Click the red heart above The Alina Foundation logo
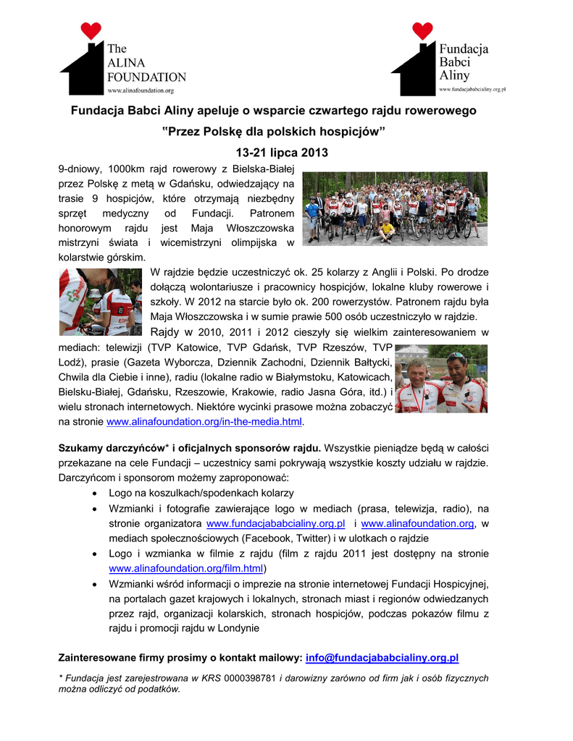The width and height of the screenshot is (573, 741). (90, 30)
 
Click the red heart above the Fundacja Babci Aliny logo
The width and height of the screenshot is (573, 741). (422, 30)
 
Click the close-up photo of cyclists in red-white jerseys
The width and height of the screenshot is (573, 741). (100, 302)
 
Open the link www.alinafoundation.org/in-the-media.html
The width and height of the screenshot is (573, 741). (204, 421)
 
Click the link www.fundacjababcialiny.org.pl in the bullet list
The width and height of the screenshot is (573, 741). (275, 523)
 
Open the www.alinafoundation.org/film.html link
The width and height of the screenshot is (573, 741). (185, 569)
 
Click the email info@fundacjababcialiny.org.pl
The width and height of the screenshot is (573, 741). (382, 658)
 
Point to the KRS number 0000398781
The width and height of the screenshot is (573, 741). (250, 679)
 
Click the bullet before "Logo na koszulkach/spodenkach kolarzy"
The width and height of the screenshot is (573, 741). (96, 493)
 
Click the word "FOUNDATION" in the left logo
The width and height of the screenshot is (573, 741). (146, 76)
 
